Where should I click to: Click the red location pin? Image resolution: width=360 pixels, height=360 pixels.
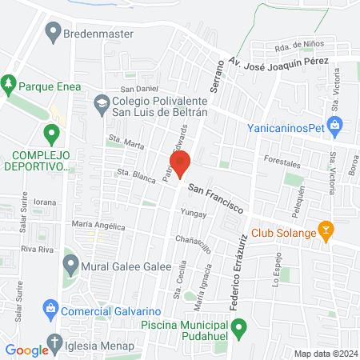[x=180, y=162]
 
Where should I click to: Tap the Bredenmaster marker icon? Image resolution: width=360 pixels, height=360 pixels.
[x=54, y=34]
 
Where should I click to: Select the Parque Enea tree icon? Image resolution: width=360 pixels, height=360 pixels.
[x=9, y=82]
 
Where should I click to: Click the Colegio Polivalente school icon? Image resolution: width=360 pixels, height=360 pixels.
[x=102, y=102]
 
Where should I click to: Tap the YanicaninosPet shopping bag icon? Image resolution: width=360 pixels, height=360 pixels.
[x=336, y=125]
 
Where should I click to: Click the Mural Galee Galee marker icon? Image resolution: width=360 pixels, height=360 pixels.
[x=70, y=263]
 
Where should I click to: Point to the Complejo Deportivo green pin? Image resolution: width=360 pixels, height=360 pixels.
[x=52, y=134]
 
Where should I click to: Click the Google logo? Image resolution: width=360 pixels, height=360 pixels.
[x=27, y=350]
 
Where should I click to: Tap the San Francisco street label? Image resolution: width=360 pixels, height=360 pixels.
[x=216, y=195]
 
